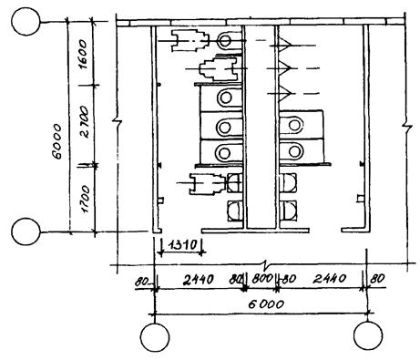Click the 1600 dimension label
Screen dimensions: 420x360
[84, 54]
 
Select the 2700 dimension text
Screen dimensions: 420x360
[84, 122]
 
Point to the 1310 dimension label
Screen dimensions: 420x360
[182, 244]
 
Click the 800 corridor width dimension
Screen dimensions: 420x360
[262, 279]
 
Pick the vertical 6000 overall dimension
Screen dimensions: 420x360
[56, 141]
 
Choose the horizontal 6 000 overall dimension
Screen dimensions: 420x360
[266, 303]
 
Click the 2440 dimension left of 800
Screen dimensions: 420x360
[199, 279]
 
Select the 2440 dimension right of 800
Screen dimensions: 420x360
[330, 278]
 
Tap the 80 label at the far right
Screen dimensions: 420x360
[377, 279]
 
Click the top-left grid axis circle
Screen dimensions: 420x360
[26, 22]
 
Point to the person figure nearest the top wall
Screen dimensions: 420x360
[190, 40]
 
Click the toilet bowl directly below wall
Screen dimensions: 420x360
[225, 41]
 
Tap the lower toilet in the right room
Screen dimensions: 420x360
[292, 151]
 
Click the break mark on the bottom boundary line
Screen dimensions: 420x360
[266, 263]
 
